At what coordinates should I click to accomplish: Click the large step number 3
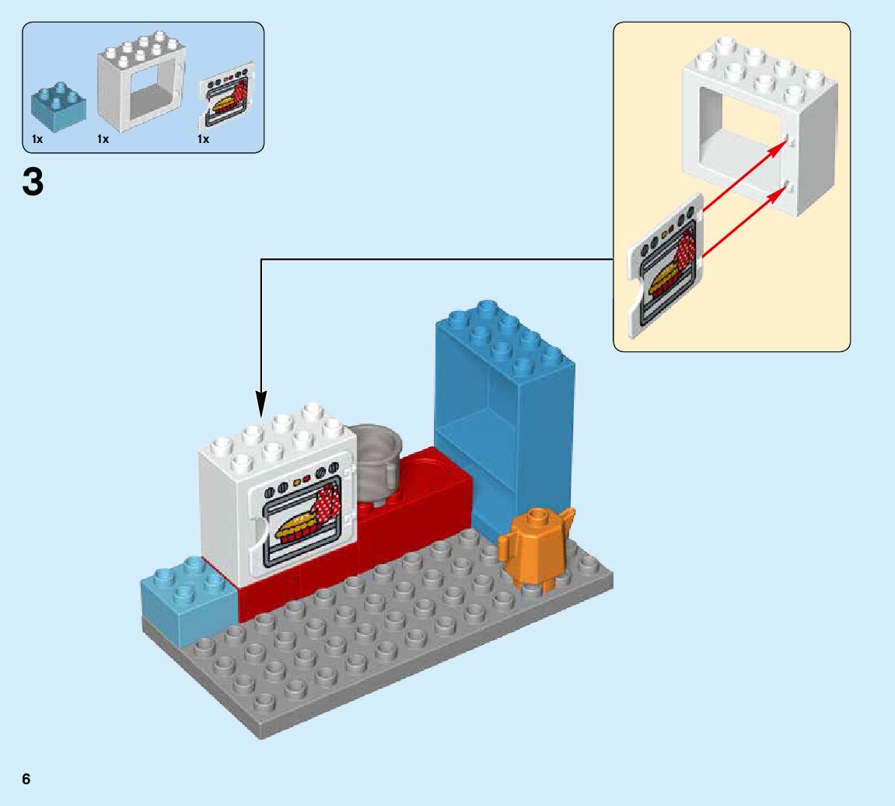33,183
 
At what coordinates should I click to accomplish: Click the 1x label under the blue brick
37,139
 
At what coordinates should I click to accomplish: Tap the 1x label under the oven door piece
203,139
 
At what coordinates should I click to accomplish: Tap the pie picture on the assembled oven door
299,525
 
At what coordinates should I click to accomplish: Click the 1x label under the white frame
103,139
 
